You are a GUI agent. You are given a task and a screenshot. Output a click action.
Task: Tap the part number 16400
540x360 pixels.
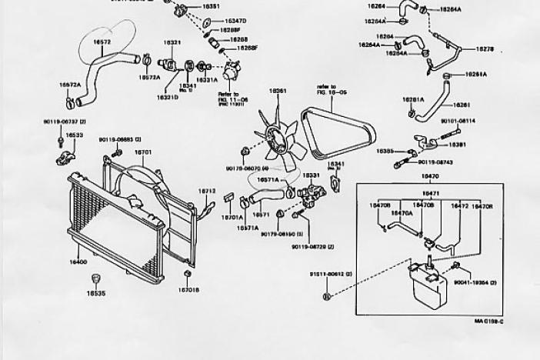78,262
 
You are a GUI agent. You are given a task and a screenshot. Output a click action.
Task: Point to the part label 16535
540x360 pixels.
95,293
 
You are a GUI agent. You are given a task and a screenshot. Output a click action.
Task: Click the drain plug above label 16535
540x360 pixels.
95,278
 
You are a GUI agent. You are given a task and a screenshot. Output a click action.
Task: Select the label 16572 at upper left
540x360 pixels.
102,42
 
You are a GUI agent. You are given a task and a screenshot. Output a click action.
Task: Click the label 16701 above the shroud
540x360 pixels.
143,152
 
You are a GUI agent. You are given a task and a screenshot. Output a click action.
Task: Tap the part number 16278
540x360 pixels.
485,48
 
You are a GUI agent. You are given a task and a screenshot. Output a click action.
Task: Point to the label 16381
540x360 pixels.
457,144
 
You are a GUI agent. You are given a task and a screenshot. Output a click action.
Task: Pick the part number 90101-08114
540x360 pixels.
458,121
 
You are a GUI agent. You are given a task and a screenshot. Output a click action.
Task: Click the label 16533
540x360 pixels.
75,135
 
